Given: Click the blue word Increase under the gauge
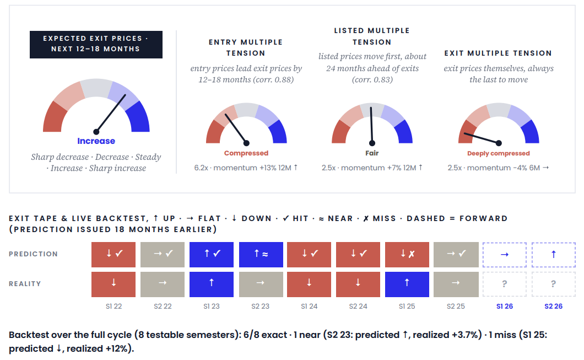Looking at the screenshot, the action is pyautogui.click(x=96, y=141).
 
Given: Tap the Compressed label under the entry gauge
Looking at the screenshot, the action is pyautogui.click(x=246, y=153).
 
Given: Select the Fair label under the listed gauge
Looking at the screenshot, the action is pyautogui.click(x=372, y=153).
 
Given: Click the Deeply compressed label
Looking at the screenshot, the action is pyautogui.click(x=499, y=154).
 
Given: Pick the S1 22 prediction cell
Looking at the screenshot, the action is pyautogui.click(x=113, y=255).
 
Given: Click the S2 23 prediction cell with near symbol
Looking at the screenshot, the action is pyautogui.click(x=261, y=255).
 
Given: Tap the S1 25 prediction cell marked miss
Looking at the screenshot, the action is pyautogui.click(x=407, y=255).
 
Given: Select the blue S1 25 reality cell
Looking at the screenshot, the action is pyautogui.click(x=407, y=284).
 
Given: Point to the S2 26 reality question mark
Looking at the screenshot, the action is pyautogui.click(x=554, y=284).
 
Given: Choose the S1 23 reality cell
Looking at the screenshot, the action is pyautogui.click(x=212, y=284).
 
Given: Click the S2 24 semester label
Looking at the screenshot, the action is pyautogui.click(x=358, y=307).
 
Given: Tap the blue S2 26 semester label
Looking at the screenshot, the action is pyautogui.click(x=554, y=307).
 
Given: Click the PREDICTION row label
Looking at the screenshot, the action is pyautogui.click(x=33, y=254).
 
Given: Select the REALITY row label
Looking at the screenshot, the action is pyautogui.click(x=25, y=284).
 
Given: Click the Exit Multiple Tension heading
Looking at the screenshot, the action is pyautogui.click(x=498, y=53).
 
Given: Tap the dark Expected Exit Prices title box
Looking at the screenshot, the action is pyautogui.click(x=96, y=44).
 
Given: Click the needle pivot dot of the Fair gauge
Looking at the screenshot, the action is pyautogui.click(x=372, y=143).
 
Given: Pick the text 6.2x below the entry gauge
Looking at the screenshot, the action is pyautogui.click(x=201, y=168).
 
